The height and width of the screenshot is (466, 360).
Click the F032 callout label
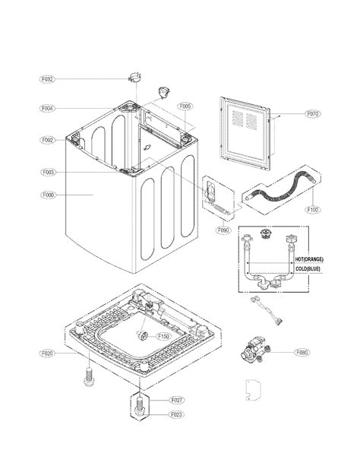[48, 79]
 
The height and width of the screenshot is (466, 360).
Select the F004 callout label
[48, 109]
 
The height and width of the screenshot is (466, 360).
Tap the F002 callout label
[48, 141]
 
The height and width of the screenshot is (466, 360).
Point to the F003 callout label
[48, 173]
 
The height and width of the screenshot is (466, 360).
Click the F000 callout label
[48, 195]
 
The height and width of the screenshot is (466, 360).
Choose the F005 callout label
[185, 106]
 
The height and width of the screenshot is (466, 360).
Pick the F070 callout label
[312, 115]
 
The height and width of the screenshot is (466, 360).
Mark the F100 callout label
[312, 209]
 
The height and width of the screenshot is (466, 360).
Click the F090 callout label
[223, 230]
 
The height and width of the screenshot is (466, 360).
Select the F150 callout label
[163, 336]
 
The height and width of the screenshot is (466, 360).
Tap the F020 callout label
[48, 354]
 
